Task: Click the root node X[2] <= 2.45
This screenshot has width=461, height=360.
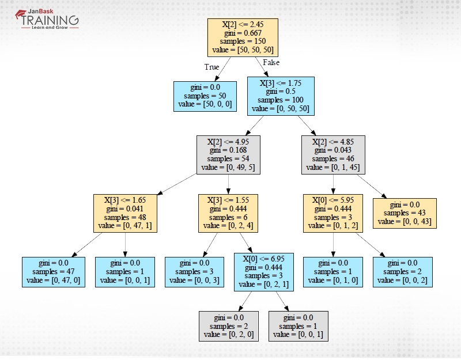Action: pyautogui.click(x=242, y=37)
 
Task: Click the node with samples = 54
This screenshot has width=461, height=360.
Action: pyautogui.click(x=228, y=154)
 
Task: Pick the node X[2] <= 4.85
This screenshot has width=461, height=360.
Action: pyautogui.click(x=332, y=154)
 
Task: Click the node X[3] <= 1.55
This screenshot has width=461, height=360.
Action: pyautogui.click(x=228, y=213)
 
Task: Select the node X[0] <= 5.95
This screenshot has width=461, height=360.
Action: pyautogui.click(x=332, y=213)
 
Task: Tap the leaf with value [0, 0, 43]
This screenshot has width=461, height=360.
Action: pyautogui.click(x=405, y=213)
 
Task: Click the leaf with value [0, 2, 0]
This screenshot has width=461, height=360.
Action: pyautogui.click(x=229, y=326)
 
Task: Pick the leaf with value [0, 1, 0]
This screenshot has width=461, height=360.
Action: pyautogui.click(x=332, y=272)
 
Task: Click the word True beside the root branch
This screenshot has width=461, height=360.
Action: pyautogui.click(x=211, y=67)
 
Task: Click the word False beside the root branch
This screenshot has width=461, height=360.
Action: pyautogui.click(x=271, y=62)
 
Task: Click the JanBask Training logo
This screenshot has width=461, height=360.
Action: pyautogui.click(x=46, y=19)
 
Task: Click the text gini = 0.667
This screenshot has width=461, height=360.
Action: pyautogui.click(x=242, y=33)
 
